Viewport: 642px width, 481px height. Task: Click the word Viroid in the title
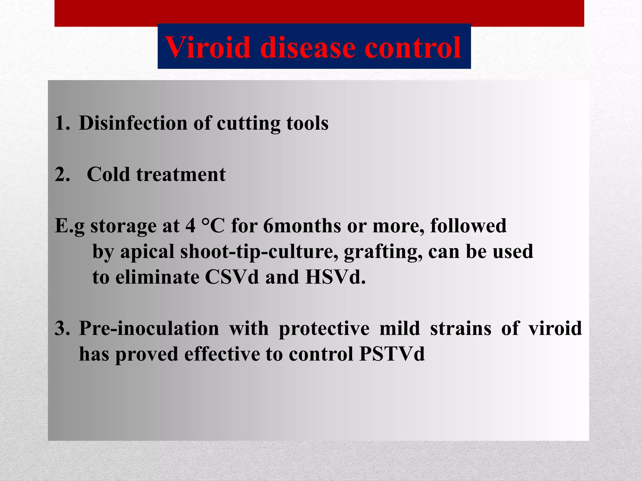(x=208, y=48)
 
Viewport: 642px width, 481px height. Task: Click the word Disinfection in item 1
(x=133, y=123)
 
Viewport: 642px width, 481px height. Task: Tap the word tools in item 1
(x=307, y=123)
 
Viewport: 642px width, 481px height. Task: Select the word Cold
(x=108, y=174)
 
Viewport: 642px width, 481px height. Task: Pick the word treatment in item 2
(x=181, y=174)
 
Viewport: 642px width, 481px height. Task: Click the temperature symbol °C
(x=213, y=226)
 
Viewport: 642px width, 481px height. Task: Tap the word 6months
(x=302, y=226)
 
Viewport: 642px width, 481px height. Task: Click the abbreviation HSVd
(x=335, y=277)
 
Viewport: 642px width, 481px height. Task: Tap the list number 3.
(x=62, y=329)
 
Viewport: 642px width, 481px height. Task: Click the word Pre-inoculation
(x=149, y=329)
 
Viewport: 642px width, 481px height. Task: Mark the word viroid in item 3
(x=555, y=329)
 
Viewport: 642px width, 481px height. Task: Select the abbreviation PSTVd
(x=392, y=354)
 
